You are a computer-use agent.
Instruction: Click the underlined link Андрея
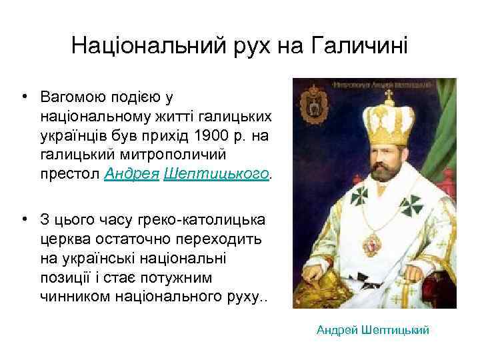(x=130, y=173)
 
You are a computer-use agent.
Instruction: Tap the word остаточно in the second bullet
(x=130, y=239)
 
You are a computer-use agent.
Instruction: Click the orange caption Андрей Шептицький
(x=373, y=330)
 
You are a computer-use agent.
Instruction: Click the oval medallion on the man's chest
(x=385, y=239)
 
